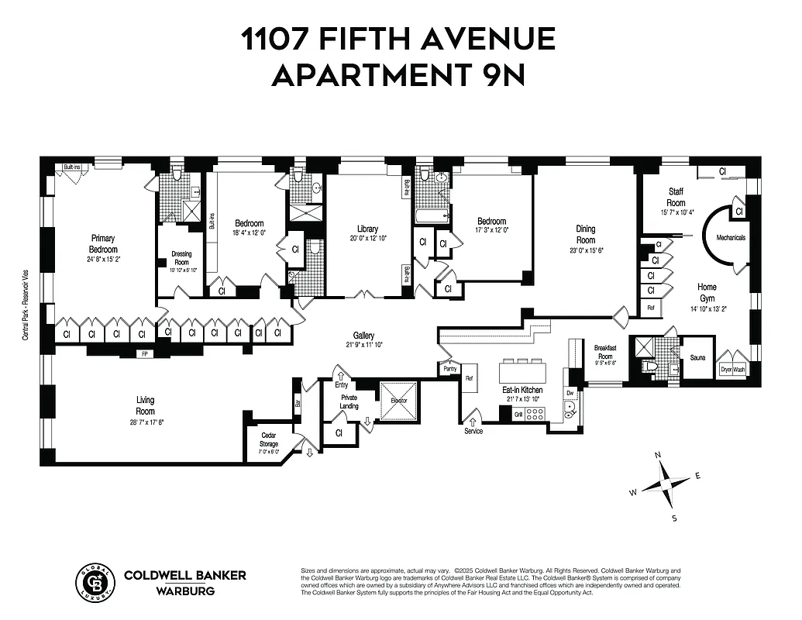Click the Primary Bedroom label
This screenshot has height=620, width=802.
pos(104,243)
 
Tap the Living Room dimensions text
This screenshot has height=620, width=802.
pos(146,422)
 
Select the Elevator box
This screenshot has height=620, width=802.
pos(398,401)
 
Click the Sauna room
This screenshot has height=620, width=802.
pos(697,358)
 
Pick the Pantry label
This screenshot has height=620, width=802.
pos(450,370)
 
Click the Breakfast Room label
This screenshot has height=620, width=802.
pos(604,352)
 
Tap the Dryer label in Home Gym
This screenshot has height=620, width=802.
pos(726,370)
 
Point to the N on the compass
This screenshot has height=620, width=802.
pos(657,456)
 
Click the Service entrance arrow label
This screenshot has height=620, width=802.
pos(473,431)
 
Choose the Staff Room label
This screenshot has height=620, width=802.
pos(676,197)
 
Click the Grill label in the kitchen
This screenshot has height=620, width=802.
pos(518,415)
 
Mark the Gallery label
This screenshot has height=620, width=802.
pos(363,336)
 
